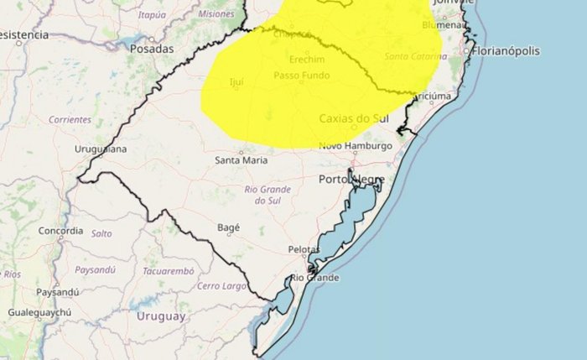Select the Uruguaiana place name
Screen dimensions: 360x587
(x=101, y=149)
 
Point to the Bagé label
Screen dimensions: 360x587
(x=228, y=227)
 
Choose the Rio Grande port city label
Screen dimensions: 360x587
(x=314, y=278)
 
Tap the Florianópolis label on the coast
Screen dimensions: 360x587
(x=506, y=51)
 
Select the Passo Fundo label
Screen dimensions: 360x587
(x=301, y=76)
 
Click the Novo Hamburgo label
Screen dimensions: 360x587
(x=356, y=147)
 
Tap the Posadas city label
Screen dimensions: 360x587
(x=152, y=49)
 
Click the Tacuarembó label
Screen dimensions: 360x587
(x=169, y=272)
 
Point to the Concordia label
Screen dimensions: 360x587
(x=60, y=230)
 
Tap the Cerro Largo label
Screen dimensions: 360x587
(x=221, y=286)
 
